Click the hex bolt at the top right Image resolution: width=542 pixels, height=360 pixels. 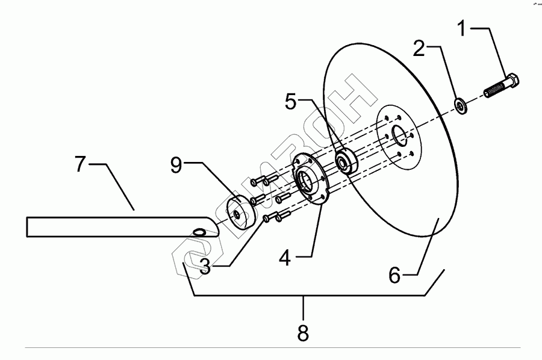(x=502, y=87)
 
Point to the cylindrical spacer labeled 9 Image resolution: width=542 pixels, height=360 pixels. (x=238, y=214)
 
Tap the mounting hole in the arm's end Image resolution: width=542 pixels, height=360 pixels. (x=199, y=231)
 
